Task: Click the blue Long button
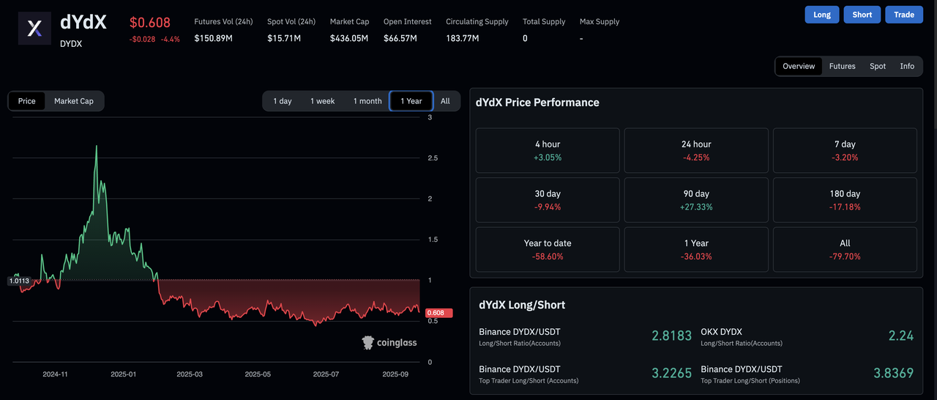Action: (x=822, y=15)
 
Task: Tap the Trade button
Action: (x=904, y=15)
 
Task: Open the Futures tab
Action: (x=842, y=66)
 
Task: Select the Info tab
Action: (x=907, y=66)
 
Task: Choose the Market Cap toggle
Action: (x=74, y=101)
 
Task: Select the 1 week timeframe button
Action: (x=322, y=101)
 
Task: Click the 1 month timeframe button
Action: (x=367, y=101)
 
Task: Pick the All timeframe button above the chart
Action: (x=445, y=101)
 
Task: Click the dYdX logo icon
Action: (x=35, y=29)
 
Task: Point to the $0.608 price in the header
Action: (x=151, y=23)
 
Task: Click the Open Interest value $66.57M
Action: (x=400, y=38)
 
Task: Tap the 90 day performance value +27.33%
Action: (x=696, y=207)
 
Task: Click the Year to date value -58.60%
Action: (x=548, y=256)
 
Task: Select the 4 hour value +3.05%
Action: (x=548, y=158)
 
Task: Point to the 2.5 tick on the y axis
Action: (x=433, y=158)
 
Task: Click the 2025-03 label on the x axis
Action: (x=190, y=374)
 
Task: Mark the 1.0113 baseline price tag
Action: (x=19, y=281)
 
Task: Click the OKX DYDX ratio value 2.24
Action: (x=900, y=336)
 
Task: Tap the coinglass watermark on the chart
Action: (x=389, y=342)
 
